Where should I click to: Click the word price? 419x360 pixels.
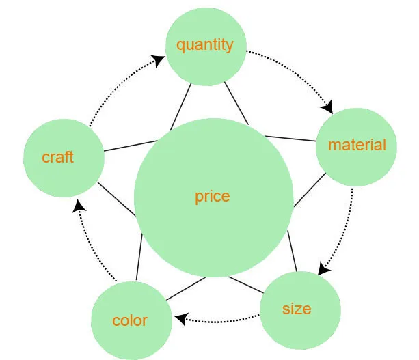(213, 197)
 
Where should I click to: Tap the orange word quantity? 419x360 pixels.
(205, 45)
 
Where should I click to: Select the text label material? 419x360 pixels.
(357, 145)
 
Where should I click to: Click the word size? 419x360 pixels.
(297, 309)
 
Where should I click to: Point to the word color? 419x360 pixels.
(130, 320)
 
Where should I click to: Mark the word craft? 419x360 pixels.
(57, 157)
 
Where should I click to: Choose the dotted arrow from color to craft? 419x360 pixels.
(92, 246)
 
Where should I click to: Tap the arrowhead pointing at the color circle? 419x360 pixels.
(180, 318)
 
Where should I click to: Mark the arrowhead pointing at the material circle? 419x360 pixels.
(327, 107)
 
